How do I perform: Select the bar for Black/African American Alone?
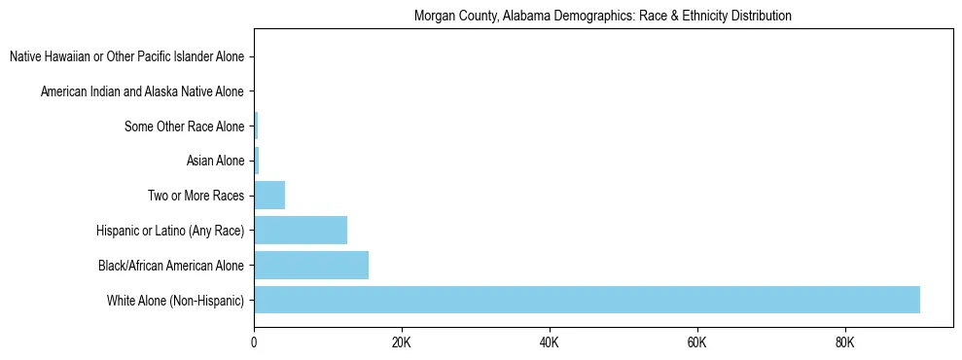311,265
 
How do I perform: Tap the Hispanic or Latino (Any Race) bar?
301,231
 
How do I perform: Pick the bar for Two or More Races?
269,196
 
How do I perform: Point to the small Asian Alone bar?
257,161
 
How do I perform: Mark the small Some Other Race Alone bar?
256,126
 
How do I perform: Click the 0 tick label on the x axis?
254,343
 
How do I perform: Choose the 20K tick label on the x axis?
402,343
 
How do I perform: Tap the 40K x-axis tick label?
549,343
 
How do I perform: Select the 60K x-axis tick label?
696,343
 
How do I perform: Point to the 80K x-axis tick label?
844,343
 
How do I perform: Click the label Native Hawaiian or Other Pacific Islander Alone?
126,57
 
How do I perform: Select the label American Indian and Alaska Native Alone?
142,92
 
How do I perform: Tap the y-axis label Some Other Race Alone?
184,126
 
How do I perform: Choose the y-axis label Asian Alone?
215,162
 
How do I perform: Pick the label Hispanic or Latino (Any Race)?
170,231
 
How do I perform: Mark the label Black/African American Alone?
171,266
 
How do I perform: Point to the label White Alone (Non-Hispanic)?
176,301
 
